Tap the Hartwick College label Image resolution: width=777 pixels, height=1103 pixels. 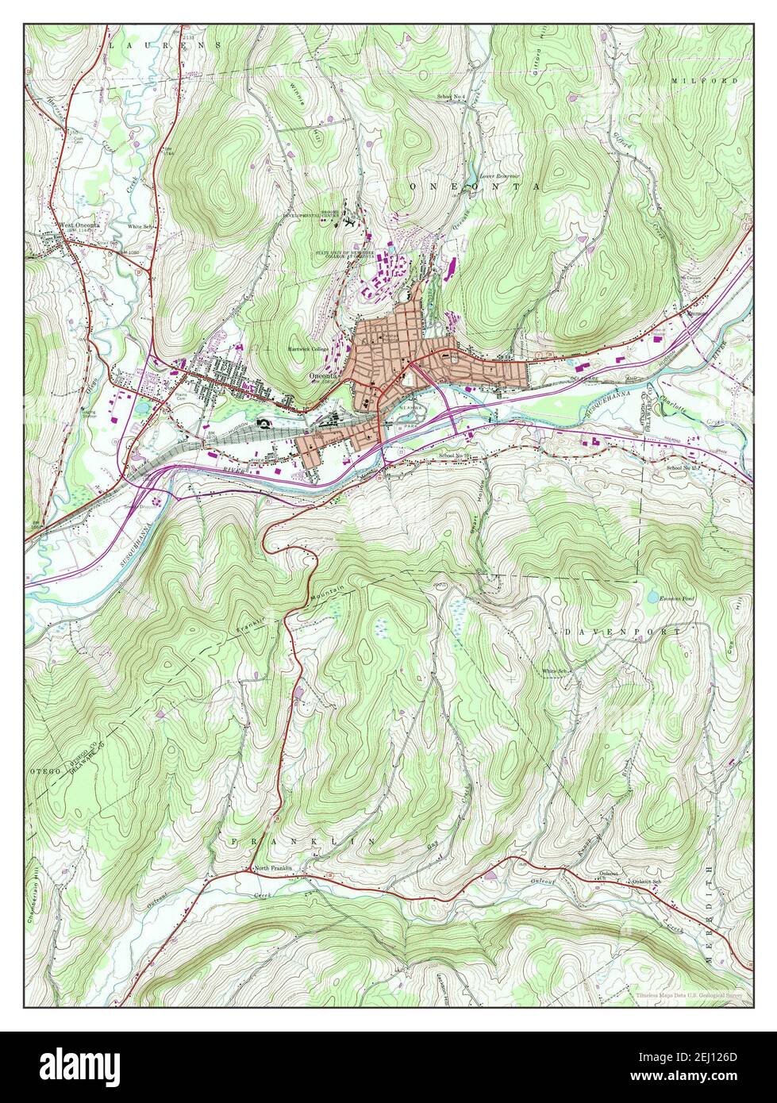(x=309, y=349)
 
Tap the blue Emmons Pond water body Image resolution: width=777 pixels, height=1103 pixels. (x=652, y=596)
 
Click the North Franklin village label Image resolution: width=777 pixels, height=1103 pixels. (x=273, y=869)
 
